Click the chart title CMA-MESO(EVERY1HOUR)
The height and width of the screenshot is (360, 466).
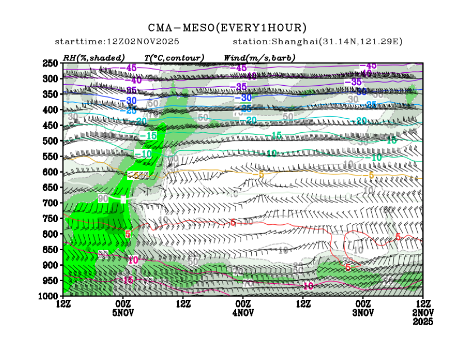[x=227, y=27]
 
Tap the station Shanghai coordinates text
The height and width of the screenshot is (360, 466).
[x=317, y=42]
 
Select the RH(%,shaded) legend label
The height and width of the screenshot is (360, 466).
[x=94, y=58]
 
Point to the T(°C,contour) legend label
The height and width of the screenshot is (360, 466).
[x=174, y=58]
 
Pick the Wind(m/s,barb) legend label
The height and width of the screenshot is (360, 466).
[x=259, y=58]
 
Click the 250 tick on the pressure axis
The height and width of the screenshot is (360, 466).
[x=51, y=63]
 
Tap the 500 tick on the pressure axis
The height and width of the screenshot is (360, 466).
[x=51, y=140]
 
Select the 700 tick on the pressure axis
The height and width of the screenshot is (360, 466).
[x=51, y=202]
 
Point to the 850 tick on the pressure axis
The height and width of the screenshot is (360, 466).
[x=51, y=249]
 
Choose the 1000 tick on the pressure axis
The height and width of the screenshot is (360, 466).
[x=49, y=296]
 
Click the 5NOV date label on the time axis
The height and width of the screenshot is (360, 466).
[x=123, y=312]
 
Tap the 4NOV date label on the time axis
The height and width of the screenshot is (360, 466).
[x=243, y=312]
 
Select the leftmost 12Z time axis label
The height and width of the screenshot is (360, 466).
[x=63, y=304]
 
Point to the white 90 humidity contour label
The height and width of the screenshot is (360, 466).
[x=103, y=199]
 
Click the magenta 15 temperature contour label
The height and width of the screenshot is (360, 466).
[x=128, y=280]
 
